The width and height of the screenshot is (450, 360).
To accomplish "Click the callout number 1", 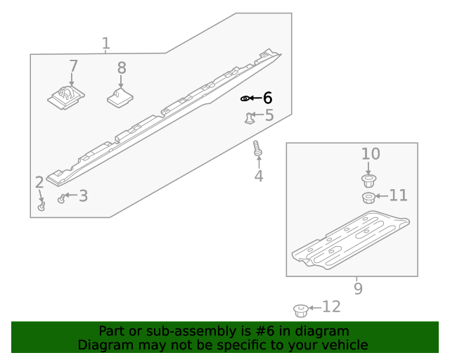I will point(105,44).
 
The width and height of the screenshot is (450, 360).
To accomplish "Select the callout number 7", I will point(73,67).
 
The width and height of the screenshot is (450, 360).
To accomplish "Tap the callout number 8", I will point(122,68).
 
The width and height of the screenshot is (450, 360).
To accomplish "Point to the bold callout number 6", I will point(267,98).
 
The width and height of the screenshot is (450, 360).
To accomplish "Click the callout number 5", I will point(269,115).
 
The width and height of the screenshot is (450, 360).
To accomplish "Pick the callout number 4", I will point(259,176).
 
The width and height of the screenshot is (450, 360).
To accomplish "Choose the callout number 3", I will point(83,196).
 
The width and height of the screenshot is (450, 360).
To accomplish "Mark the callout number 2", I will point(39,183).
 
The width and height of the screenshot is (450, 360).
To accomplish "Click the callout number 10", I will point(371,154).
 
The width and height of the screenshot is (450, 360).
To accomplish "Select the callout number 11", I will point(398,195).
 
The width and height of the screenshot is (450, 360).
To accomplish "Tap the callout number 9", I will point(357,288).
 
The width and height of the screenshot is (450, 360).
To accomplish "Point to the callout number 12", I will point(331,307).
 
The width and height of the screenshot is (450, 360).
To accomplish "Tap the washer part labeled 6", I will point(245,98).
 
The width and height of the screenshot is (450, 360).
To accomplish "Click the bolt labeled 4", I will point(257,149).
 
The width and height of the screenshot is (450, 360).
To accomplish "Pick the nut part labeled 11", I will point(368,198).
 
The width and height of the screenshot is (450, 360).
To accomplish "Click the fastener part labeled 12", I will point(300,309).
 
